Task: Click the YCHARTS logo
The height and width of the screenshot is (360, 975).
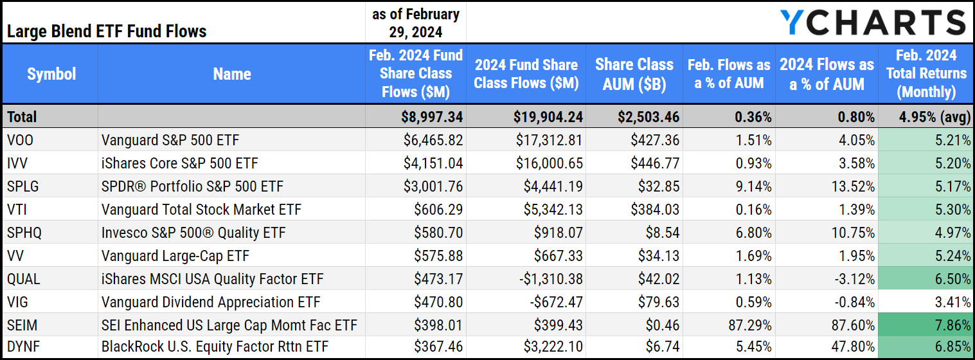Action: coord(873,22)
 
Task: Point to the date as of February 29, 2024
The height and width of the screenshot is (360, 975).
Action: coord(415,22)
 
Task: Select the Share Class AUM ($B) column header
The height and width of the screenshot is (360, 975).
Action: coord(634,74)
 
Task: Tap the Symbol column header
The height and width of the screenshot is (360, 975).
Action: coord(51,74)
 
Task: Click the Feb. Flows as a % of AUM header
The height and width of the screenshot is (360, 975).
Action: coord(728,74)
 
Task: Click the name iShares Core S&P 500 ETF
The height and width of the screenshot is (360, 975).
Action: coord(180,163)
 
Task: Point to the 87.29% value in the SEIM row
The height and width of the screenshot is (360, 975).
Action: coord(748,325)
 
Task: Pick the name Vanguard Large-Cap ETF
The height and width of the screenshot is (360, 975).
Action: coord(175,256)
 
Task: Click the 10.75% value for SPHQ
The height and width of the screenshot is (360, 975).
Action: coord(852,233)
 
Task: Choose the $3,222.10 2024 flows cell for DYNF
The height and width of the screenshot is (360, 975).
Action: coord(550,348)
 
